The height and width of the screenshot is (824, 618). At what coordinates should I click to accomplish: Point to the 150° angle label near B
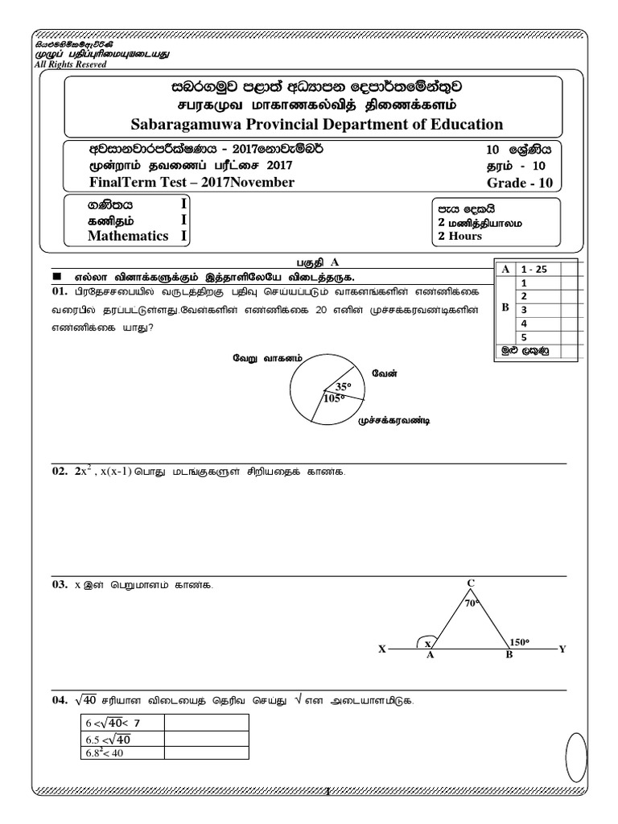point(520,641)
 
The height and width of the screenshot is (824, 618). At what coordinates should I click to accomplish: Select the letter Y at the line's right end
point(562,649)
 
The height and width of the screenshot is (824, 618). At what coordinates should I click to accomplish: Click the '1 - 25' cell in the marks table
point(534,270)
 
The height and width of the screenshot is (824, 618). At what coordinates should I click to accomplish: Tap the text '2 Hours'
point(459,237)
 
